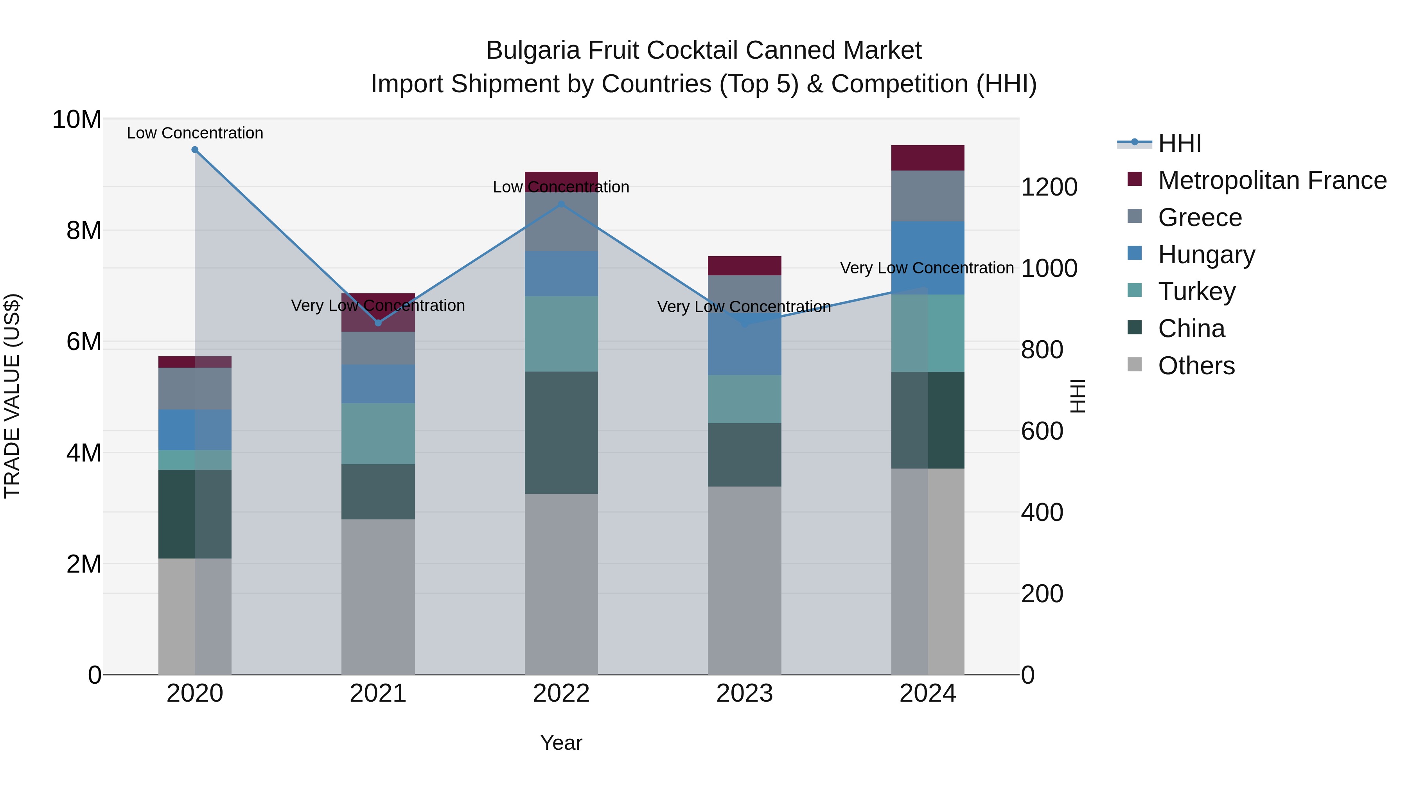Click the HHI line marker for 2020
coord(195,150)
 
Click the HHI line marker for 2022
coord(561,205)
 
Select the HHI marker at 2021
coord(378,323)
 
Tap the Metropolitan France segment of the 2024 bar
coord(928,158)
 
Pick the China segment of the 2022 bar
coord(561,433)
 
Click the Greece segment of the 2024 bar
coord(928,196)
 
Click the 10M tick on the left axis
coord(77,119)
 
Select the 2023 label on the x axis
coord(744,693)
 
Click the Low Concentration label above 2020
coord(195,133)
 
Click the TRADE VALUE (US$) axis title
coord(12,396)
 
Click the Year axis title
coord(561,743)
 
